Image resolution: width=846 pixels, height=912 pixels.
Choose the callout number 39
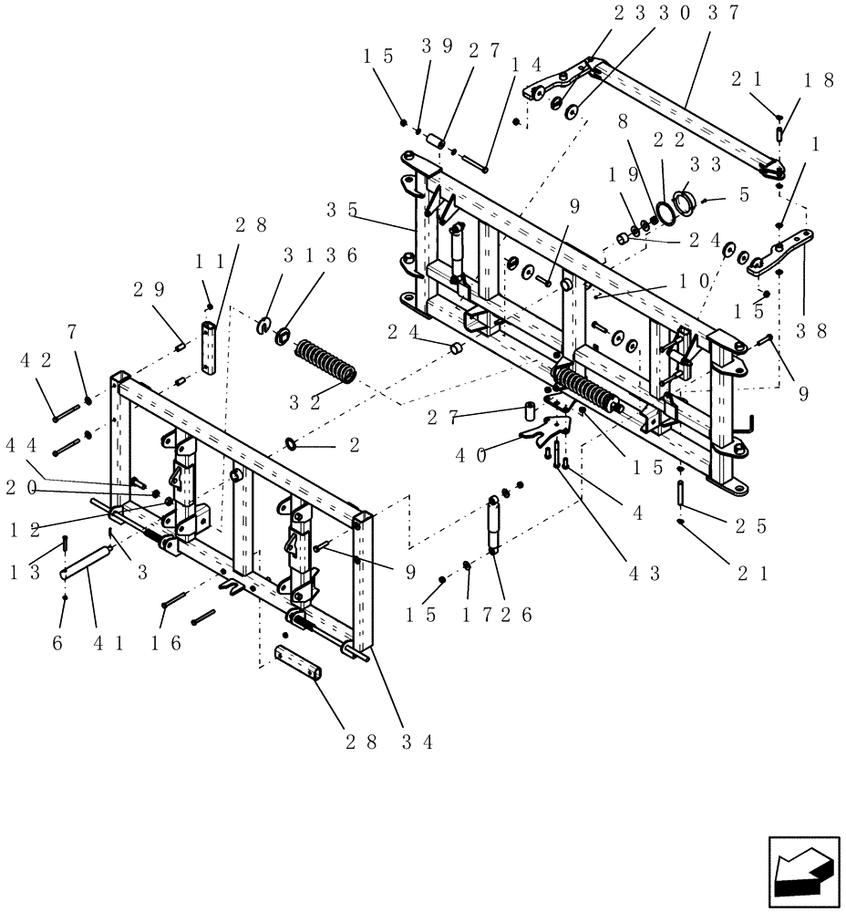coord(434,47)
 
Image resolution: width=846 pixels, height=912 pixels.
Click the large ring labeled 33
coord(686,202)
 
